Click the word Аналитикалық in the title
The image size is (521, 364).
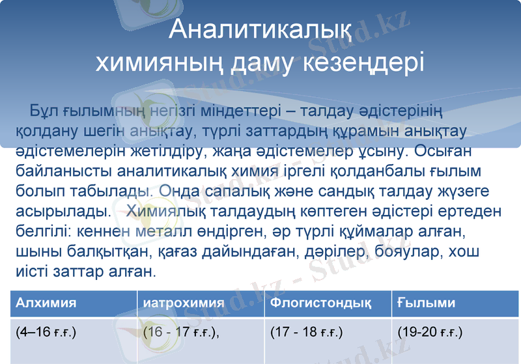pyautogui.click(x=260, y=29)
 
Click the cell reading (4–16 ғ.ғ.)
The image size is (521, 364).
pyautogui.click(x=46, y=333)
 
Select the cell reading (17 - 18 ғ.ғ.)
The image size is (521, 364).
pyautogui.click(x=306, y=333)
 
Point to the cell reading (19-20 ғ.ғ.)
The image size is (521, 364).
pyautogui.click(x=430, y=333)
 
